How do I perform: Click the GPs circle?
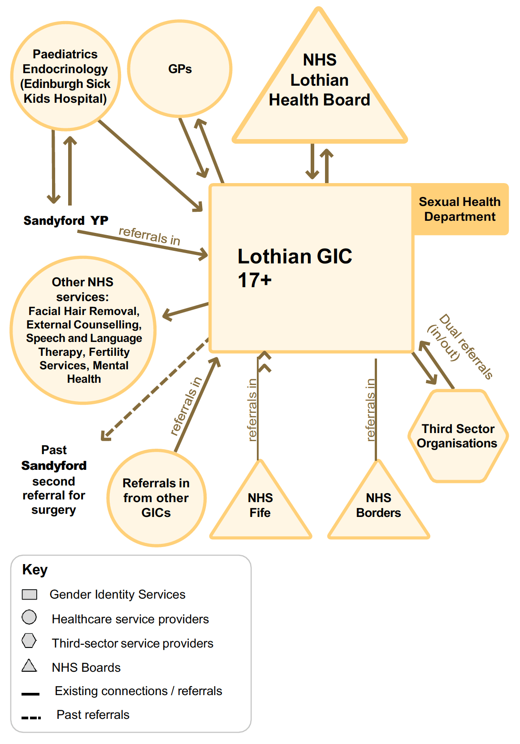[x=180, y=69]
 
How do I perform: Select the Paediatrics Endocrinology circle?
[x=65, y=76]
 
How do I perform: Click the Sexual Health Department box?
[x=459, y=209]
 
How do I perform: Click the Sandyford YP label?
[x=66, y=221]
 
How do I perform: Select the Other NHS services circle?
[x=83, y=330]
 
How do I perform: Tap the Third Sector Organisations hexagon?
[x=458, y=436]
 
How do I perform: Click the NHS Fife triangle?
[x=260, y=505]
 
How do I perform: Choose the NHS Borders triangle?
[x=378, y=505]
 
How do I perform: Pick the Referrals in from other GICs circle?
[x=156, y=498]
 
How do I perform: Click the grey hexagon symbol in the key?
[x=29, y=641]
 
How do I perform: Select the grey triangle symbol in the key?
[x=29, y=665]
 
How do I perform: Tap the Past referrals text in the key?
[x=93, y=715]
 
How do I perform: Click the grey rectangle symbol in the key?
[x=30, y=595]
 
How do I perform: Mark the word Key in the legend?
[x=35, y=569]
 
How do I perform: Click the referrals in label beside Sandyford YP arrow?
[x=149, y=236]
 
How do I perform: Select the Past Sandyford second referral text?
[x=54, y=480]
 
